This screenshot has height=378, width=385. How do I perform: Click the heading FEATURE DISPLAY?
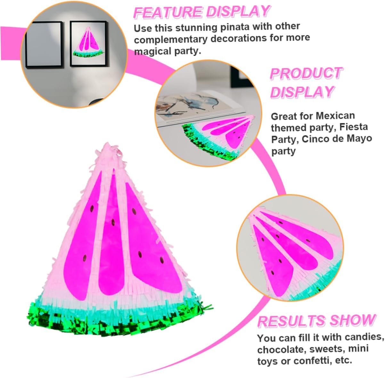(202, 12)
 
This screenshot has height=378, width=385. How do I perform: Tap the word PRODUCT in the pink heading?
(306, 74)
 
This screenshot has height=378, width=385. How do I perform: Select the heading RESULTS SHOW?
(316, 321)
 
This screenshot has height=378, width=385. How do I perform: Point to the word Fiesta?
(354, 127)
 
